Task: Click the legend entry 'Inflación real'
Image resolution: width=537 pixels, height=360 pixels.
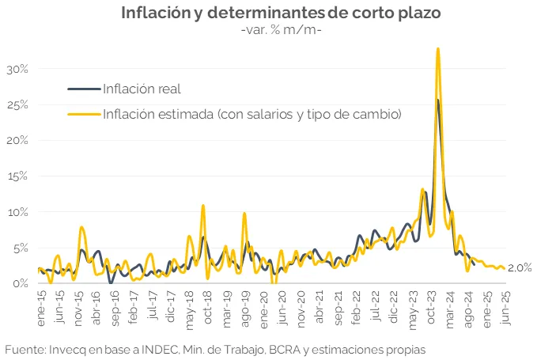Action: click(142, 88)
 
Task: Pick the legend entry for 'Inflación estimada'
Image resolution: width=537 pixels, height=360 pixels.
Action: click(252, 114)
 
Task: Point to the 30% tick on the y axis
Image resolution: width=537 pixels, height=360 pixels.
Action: click(17, 69)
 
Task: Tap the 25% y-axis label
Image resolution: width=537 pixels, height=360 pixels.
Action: click(17, 104)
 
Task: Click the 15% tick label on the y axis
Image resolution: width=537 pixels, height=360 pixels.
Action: click(17, 176)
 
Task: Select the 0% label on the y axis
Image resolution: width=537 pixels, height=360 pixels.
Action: click(20, 282)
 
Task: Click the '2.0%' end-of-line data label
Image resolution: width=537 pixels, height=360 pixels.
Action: click(520, 268)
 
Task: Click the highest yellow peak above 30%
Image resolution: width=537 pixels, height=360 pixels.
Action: click(437, 49)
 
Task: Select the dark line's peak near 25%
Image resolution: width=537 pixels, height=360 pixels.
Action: click(438, 100)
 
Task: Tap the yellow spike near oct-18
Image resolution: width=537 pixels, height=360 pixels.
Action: click(203, 206)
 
